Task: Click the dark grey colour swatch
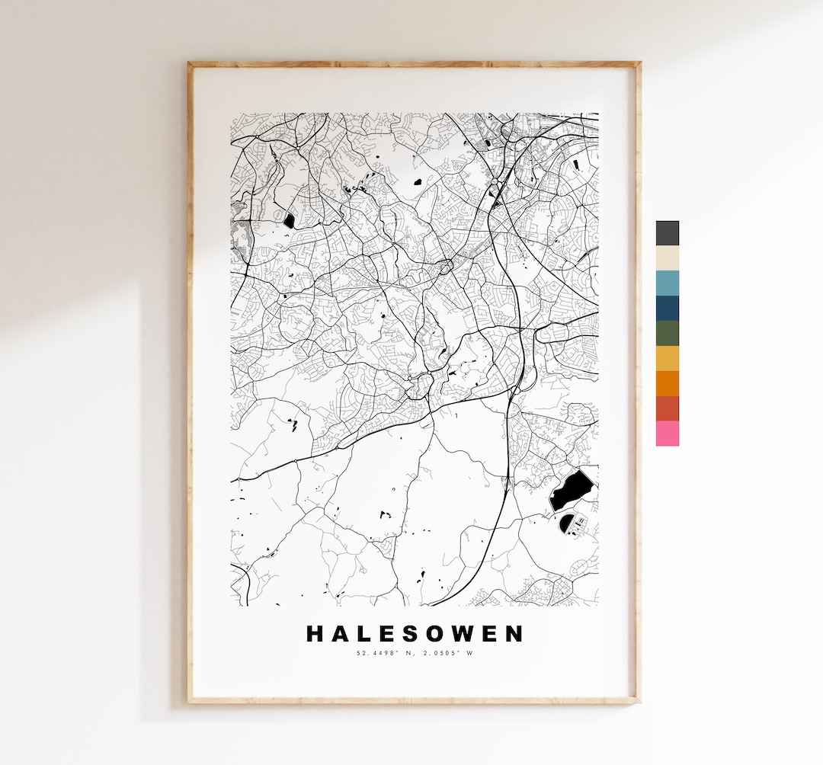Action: pyautogui.click(x=667, y=233)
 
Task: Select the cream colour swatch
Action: pyautogui.click(x=667, y=258)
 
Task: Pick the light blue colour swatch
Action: pyautogui.click(x=667, y=283)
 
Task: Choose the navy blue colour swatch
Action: pyautogui.click(x=667, y=309)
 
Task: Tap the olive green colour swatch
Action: pyautogui.click(x=667, y=334)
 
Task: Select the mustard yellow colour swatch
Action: pyautogui.click(x=667, y=358)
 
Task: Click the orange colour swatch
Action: pyautogui.click(x=667, y=383)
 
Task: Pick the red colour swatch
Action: pyautogui.click(x=667, y=408)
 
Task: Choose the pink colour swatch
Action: pyautogui.click(x=667, y=434)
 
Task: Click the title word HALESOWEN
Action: pyautogui.click(x=415, y=634)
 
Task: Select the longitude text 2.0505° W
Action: pyautogui.click(x=447, y=653)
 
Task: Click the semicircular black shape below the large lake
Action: pyautogui.click(x=568, y=523)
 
